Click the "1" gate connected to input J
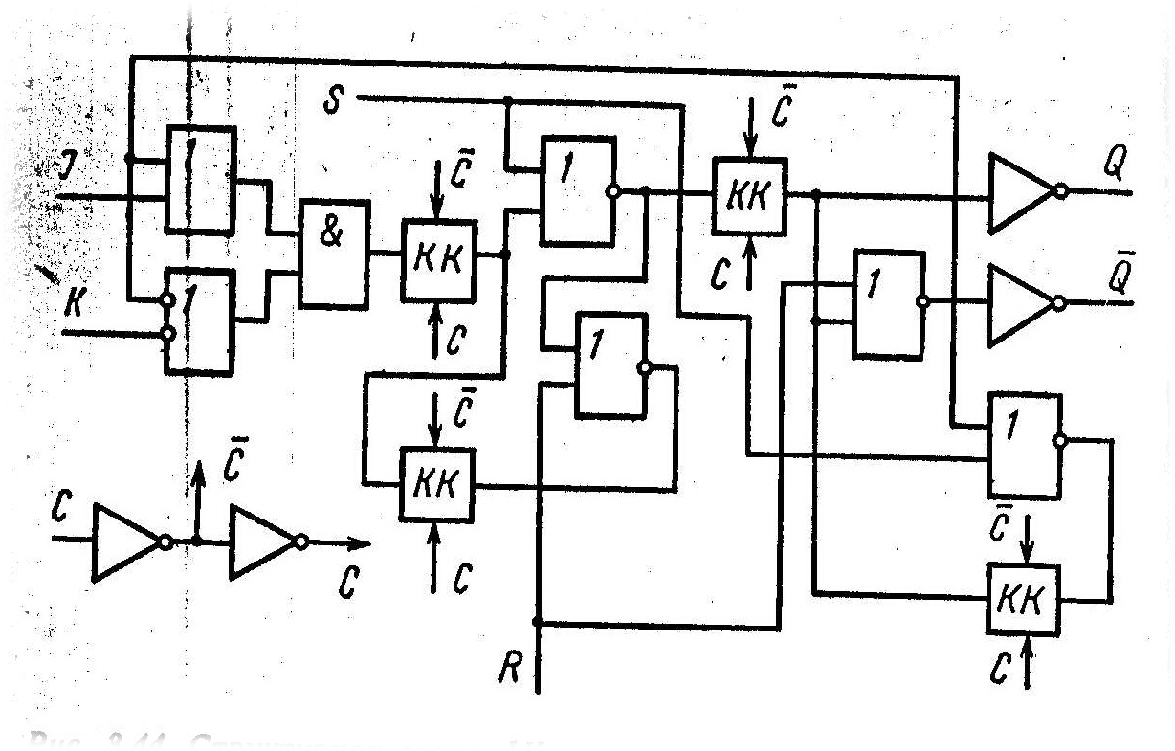pyautogui.click(x=199, y=180)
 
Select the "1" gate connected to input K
pyautogui.click(x=200, y=320)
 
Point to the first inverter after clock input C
pyautogui.click(x=129, y=542)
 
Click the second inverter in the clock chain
pyautogui.click(x=265, y=542)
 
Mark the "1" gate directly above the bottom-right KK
pyautogui.click(x=1025, y=445)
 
